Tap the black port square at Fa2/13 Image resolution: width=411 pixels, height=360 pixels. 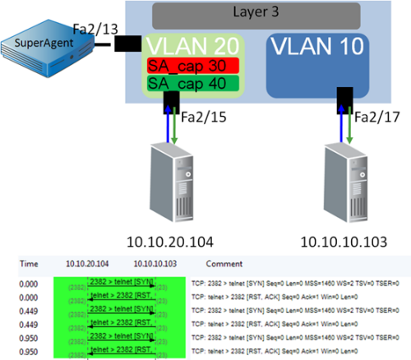point(127,44)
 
